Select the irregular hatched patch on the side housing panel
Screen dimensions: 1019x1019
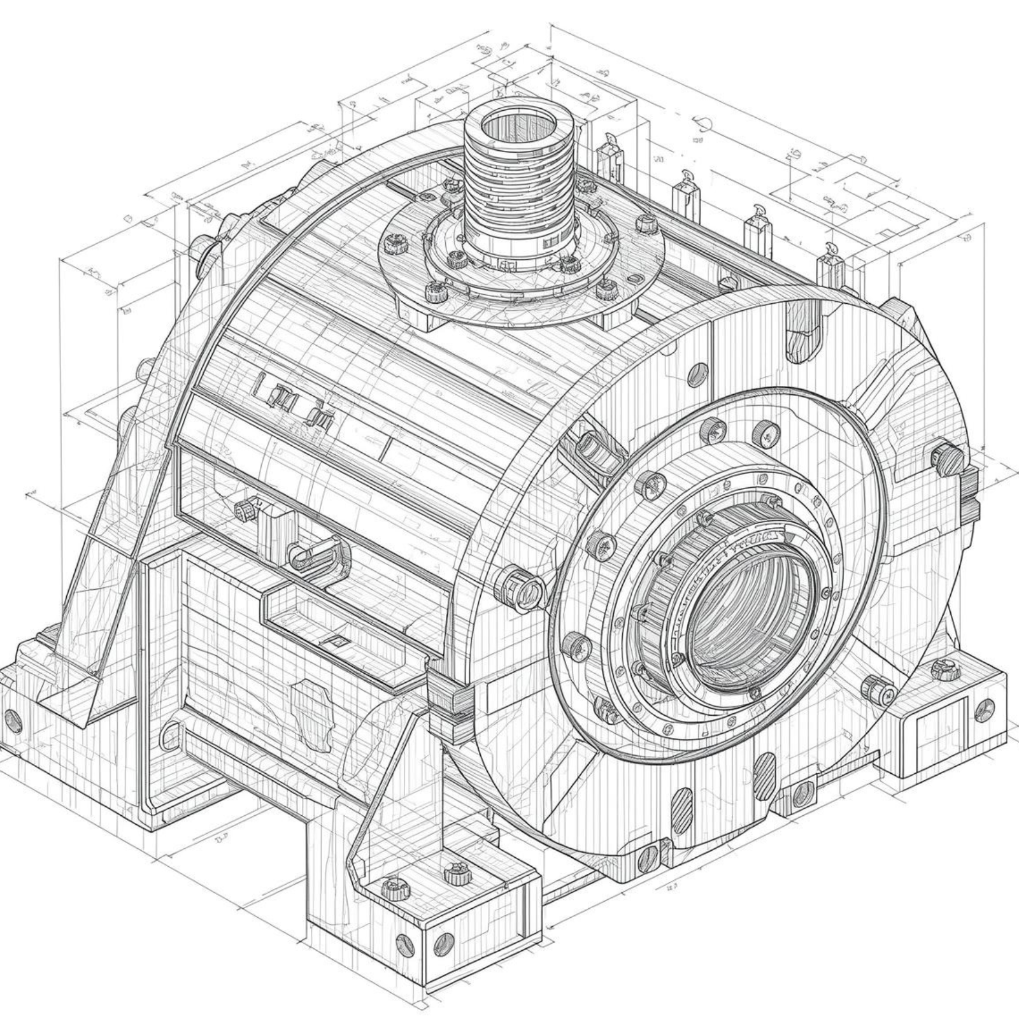312,704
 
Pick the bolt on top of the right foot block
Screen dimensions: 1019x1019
941,669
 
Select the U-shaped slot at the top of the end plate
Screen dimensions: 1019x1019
804,341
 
